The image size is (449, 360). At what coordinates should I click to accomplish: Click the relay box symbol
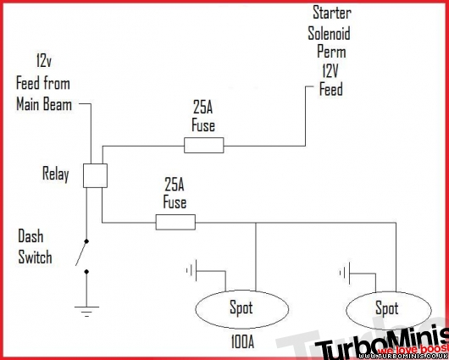(94, 175)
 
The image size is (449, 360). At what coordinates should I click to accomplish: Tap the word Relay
(56, 174)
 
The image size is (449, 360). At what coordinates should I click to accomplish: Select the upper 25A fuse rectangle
(203, 146)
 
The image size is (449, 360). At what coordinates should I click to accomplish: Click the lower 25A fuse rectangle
(175, 222)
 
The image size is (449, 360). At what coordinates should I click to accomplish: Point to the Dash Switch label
(36, 246)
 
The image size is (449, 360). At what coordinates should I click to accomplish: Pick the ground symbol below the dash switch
(86, 311)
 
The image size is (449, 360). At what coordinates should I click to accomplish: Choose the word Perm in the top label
(330, 53)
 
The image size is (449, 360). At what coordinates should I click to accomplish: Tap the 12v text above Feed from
(45, 63)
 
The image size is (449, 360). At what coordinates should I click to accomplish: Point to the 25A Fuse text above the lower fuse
(175, 195)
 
